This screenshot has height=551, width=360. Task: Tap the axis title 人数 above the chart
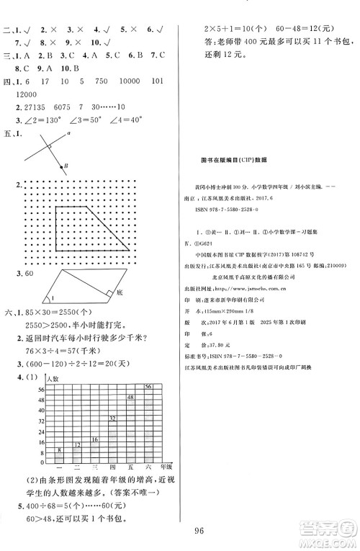51,378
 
